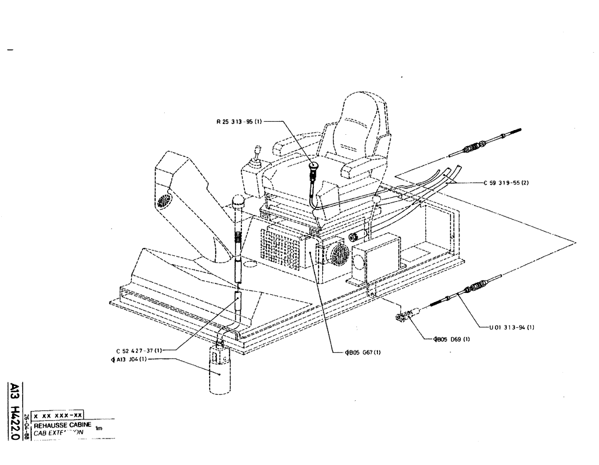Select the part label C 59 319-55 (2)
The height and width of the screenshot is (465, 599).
(x=506, y=184)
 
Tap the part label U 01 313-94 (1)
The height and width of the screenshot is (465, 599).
(x=510, y=327)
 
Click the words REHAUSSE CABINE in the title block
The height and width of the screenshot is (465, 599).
(x=62, y=424)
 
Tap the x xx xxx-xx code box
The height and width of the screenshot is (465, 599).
(x=58, y=415)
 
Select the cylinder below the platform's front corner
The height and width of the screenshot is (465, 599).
(x=219, y=372)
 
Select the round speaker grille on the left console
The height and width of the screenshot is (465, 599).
(x=164, y=200)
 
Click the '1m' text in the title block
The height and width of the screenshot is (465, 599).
(x=99, y=428)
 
